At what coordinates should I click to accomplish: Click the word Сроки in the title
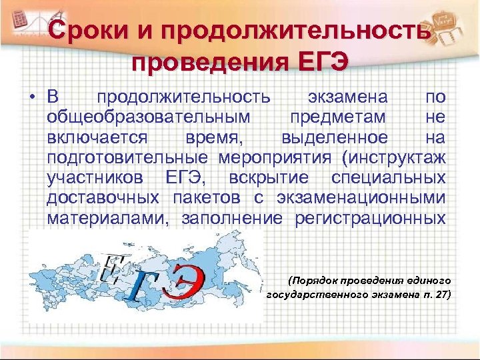[85, 31]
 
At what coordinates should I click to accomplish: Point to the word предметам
[338, 117]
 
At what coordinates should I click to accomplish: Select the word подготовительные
[127, 158]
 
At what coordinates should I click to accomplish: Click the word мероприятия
[273, 158]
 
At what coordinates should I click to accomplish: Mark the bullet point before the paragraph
[31, 98]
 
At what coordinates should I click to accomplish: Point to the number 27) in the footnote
[439, 294]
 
